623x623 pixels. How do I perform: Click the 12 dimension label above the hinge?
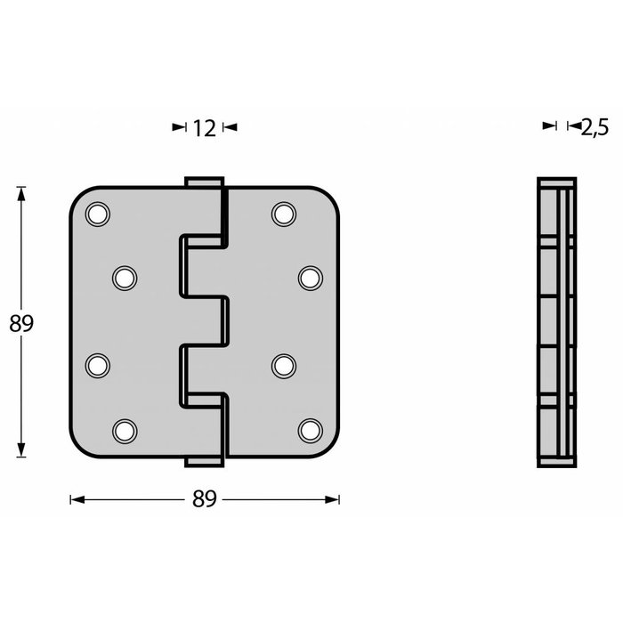click(204, 128)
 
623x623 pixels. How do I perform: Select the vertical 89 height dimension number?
click(20, 323)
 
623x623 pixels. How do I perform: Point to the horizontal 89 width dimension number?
click(205, 500)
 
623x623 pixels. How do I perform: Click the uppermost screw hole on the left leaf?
click(97, 214)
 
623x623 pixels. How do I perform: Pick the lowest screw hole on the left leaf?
click(124, 431)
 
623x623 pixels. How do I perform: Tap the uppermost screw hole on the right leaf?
click(283, 214)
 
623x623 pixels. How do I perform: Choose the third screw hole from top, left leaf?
click(97, 365)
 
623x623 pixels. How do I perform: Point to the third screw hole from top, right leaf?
click(283, 365)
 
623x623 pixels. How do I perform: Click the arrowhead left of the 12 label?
click(178, 128)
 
